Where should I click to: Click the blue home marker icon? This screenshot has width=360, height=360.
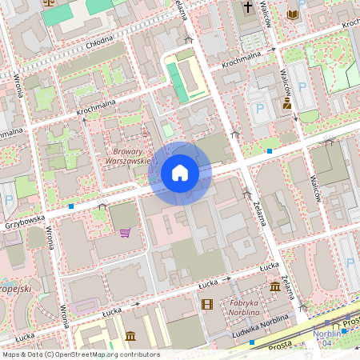(180, 173)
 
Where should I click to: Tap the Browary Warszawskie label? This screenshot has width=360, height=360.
(128, 155)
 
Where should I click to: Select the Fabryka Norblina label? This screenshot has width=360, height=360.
(245, 307)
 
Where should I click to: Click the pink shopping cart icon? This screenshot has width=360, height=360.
(125, 233)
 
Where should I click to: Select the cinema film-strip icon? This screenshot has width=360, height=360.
(208, 304)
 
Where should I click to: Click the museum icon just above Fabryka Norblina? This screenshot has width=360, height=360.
(275, 286)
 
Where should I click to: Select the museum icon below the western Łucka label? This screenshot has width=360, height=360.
(130, 334)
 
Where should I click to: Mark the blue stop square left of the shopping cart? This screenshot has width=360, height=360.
(71, 206)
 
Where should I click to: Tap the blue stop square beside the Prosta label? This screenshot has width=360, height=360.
(252, 342)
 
